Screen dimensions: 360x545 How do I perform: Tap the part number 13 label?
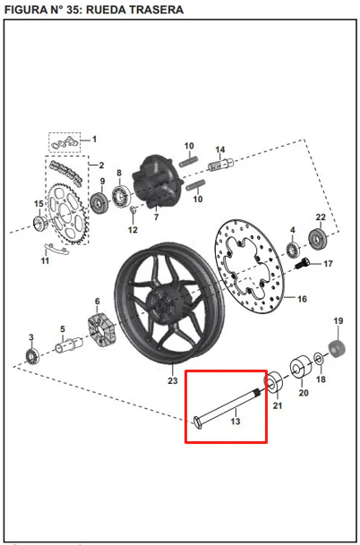[236, 422]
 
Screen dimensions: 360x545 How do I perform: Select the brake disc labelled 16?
[248, 267]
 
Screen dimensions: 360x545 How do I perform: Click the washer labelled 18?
[318, 359]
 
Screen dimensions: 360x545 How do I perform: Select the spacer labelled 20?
[301, 367]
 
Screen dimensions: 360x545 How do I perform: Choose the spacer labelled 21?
[274, 381]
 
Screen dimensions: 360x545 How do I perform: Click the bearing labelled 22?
[318, 238]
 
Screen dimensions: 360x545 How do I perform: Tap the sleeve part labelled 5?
[69, 345]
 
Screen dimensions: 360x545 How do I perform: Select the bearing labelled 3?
[33, 355]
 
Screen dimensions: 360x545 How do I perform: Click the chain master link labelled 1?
[64, 143]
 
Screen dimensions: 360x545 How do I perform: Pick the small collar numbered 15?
[40, 222]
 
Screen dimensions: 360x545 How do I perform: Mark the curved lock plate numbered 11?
[56, 248]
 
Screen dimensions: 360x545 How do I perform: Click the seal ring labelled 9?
[99, 203]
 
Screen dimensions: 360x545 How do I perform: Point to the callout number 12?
[133, 230]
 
